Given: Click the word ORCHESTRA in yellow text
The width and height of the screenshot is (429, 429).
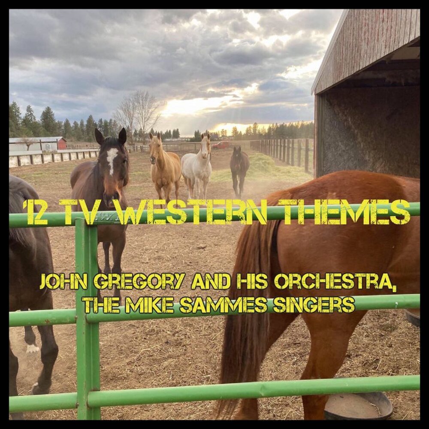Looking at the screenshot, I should [335, 281].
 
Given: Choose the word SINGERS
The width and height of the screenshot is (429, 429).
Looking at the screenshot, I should [314, 305].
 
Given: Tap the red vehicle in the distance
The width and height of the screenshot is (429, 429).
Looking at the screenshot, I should [221, 145].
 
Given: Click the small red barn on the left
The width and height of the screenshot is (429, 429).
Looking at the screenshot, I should [62, 143].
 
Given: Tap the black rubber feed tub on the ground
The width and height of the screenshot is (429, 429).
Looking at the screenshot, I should [358, 405].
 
